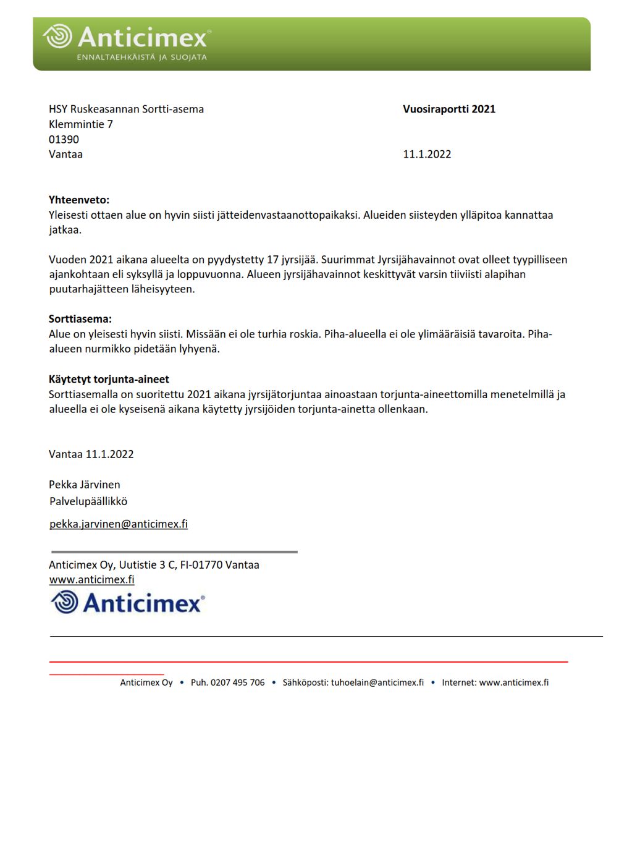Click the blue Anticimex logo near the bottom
point(127,602)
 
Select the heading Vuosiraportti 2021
point(449,109)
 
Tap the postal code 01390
point(64,140)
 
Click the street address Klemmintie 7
point(81,124)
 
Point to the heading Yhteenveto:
point(79,200)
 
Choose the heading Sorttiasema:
point(80,319)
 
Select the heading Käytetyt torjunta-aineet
point(109,379)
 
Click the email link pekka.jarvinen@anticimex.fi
point(119,524)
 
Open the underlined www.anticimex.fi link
point(91,580)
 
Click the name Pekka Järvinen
point(85,485)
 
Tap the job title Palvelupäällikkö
point(88,501)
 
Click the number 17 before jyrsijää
point(272,260)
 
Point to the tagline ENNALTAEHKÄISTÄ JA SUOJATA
point(142,57)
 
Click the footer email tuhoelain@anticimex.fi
point(377,683)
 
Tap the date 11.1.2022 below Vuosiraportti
point(427,155)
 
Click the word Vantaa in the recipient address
point(65,155)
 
